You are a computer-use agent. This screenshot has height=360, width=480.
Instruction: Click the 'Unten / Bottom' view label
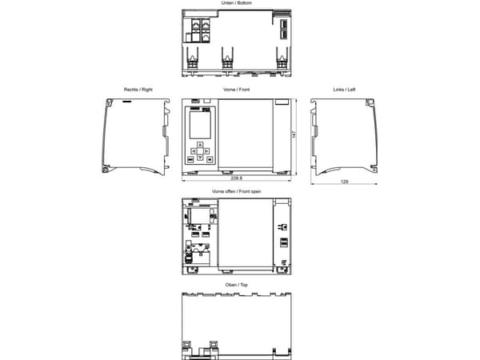(236, 2)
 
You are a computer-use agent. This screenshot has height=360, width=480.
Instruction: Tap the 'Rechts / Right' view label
(138, 90)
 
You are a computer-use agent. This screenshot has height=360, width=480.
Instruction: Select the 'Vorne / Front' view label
(236, 90)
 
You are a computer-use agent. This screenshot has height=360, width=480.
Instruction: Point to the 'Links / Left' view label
(344, 90)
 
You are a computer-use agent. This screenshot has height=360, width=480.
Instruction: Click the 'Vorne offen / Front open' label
(236, 191)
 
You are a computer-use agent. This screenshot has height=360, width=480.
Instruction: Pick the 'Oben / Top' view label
(236, 285)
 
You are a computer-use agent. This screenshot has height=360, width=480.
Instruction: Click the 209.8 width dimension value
(236, 178)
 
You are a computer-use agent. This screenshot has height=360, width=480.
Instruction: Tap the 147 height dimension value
(294, 134)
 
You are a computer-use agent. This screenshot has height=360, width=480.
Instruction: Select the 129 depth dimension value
(344, 182)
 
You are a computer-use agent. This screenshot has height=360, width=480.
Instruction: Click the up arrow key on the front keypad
(200, 145)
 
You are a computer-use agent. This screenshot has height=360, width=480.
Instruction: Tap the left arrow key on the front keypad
(194, 151)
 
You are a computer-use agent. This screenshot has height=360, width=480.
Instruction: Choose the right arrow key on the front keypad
(206, 151)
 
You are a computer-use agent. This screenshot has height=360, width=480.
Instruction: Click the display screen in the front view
(200, 125)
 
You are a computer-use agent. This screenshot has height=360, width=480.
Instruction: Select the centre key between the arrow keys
(200, 151)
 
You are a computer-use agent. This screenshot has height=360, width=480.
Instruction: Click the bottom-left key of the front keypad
(190, 159)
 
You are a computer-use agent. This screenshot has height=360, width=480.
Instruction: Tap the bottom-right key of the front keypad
(210, 159)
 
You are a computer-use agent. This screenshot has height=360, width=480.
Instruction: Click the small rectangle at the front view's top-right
(282, 102)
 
